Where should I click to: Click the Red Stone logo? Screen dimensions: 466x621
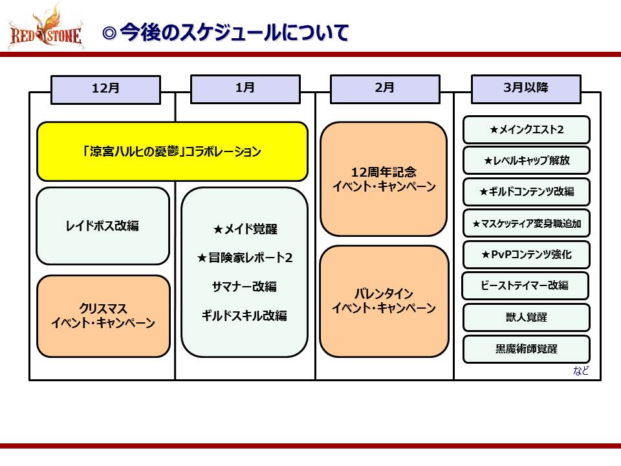[x=45, y=28]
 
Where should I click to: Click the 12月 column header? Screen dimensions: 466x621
[x=105, y=89]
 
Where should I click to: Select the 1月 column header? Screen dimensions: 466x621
[x=245, y=89]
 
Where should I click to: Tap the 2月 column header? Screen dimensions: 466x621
[x=384, y=89]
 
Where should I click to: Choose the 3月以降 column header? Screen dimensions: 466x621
[x=525, y=89]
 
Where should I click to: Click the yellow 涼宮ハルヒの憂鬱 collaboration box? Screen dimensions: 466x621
[x=172, y=152]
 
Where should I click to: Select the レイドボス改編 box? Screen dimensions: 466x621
[x=103, y=226]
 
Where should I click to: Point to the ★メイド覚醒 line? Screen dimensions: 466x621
[x=245, y=229]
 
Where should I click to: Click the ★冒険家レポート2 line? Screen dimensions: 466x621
[x=245, y=258]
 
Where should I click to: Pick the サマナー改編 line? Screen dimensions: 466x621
[x=245, y=286]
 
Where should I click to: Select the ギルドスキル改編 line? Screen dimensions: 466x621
[x=245, y=315]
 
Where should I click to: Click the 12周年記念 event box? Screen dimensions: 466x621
[x=384, y=179]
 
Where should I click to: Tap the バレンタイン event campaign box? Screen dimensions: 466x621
[x=384, y=301]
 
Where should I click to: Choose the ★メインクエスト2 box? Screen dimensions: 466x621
[x=526, y=129]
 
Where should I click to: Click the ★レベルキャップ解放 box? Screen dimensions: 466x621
[x=526, y=161]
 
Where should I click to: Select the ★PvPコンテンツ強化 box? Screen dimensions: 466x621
[x=526, y=254]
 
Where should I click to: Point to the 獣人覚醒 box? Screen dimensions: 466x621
[x=526, y=317]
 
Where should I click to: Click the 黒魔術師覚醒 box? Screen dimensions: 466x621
[x=526, y=349]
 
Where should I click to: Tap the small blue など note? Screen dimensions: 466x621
[x=581, y=371]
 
